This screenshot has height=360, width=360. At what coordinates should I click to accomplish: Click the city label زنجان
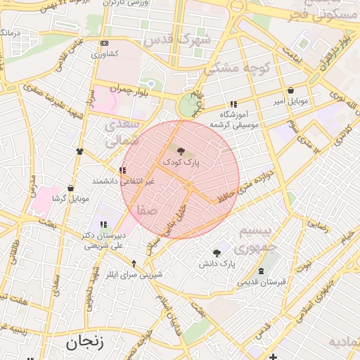click(x=85, y=343)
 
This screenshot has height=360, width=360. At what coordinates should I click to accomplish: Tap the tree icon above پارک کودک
click(x=181, y=150)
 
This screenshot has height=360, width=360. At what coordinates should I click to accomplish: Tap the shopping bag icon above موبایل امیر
click(x=291, y=91)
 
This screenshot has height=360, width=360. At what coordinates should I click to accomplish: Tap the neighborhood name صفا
click(x=147, y=209)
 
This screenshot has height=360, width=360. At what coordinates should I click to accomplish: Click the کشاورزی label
click(x=105, y=53)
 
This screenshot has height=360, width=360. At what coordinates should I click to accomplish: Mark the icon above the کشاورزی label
click(x=105, y=42)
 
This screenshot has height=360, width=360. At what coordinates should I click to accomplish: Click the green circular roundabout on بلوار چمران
click(x=188, y=107)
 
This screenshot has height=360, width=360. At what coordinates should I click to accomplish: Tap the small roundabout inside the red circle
click(x=188, y=185)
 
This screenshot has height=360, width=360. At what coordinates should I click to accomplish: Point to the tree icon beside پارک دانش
click(x=216, y=253)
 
